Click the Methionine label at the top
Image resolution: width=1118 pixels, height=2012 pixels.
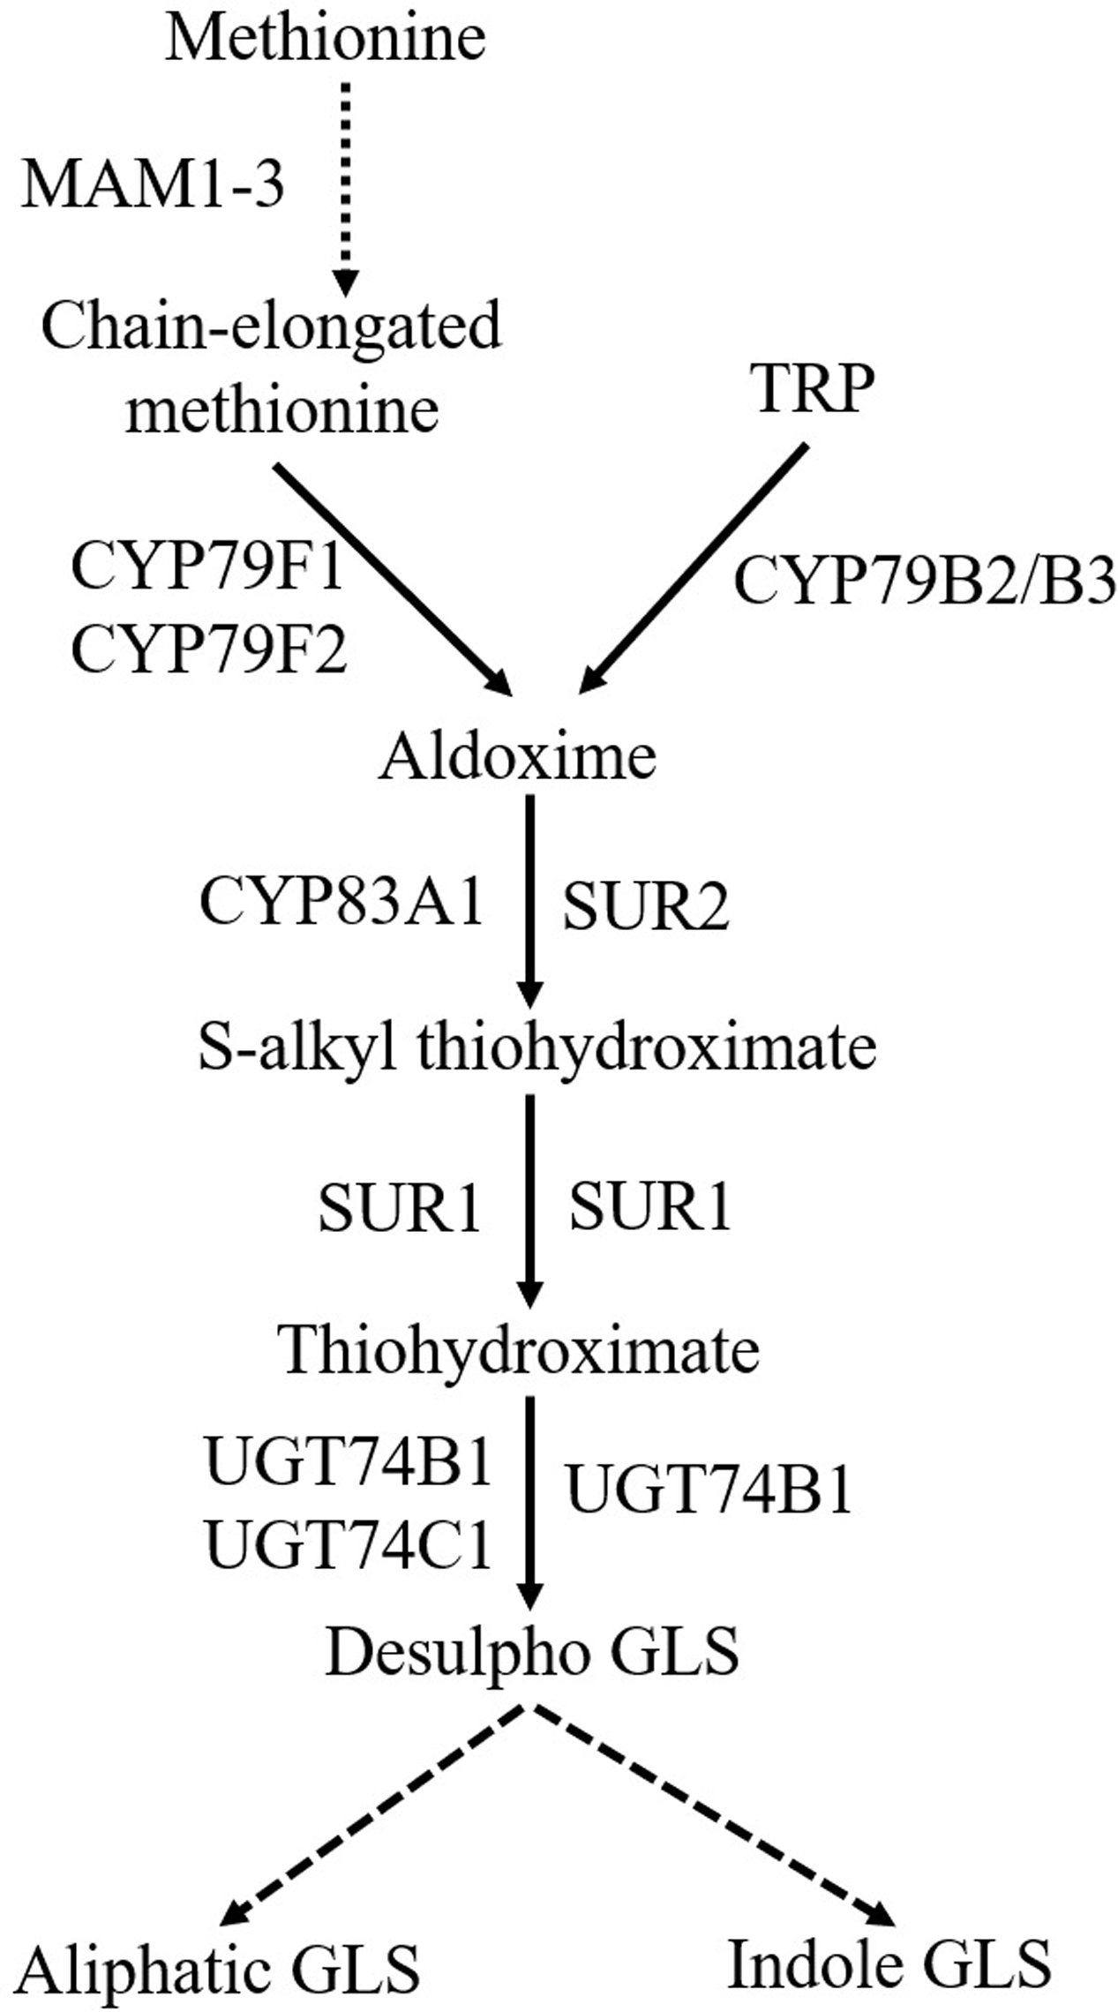click(325, 40)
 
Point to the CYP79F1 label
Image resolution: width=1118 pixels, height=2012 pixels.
click(206, 567)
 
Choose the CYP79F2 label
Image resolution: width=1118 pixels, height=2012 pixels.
click(208, 652)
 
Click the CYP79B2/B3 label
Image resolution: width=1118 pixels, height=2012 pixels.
click(925, 584)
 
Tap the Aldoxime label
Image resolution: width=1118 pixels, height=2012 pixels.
click(518, 758)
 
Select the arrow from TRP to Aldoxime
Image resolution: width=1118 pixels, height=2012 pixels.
click(693, 569)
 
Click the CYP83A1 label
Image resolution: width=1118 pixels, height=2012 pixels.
click(342, 902)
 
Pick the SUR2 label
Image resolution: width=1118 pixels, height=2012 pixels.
click(646, 908)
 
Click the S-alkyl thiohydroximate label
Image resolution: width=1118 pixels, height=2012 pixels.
click(537, 1048)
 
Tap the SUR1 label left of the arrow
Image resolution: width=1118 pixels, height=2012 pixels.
click(399, 1208)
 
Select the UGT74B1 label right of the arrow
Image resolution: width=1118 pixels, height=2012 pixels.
click(709, 1490)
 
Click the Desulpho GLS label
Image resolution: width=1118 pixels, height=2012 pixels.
click(532, 1651)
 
